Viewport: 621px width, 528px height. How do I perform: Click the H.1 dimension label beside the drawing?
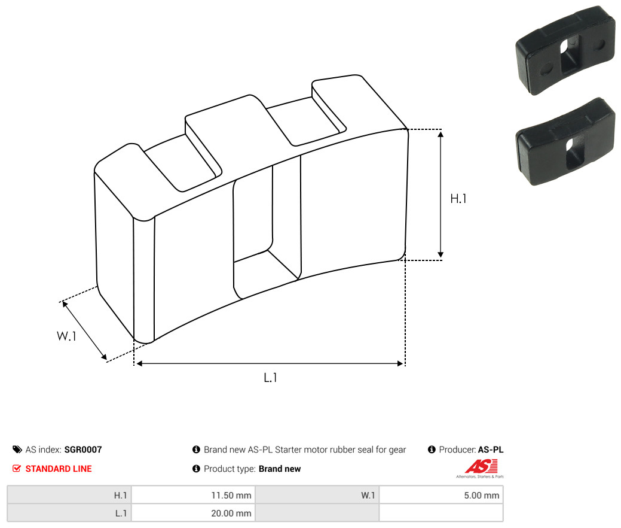tap(458, 198)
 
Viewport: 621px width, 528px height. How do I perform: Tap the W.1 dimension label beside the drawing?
tap(66, 336)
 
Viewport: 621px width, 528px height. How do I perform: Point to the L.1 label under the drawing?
tap(270, 377)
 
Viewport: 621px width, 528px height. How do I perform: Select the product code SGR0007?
tap(83, 450)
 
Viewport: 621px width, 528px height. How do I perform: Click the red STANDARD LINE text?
tap(59, 469)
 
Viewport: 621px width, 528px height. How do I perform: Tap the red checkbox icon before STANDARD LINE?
tap(17, 469)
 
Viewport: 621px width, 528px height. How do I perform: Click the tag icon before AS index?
tap(17, 450)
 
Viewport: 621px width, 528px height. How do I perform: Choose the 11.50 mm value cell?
tap(193, 495)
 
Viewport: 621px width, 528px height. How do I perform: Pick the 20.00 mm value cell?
tap(193, 513)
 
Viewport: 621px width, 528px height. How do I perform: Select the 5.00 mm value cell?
tap(441, 495)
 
